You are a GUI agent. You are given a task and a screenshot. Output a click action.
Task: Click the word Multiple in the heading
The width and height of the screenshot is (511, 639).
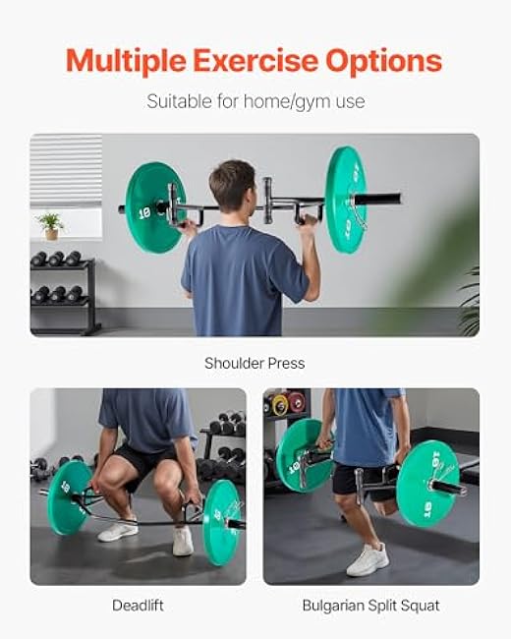(125, 61)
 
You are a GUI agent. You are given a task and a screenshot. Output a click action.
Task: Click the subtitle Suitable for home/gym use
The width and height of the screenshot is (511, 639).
(255, 100)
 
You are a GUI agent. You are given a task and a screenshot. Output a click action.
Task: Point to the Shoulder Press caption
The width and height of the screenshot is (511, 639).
(255, 363)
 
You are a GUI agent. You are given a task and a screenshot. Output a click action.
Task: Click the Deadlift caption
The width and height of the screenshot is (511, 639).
(138, 607)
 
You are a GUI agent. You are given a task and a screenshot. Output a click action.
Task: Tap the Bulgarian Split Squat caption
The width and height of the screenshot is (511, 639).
(370, 607)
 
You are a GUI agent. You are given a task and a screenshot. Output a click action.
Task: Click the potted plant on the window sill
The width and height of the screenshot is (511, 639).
(50, 225)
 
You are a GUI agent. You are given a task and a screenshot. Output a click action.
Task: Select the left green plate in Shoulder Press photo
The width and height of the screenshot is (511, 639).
(155, 206)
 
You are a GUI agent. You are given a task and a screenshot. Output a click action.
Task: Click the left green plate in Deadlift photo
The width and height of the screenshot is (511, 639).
(70, 497)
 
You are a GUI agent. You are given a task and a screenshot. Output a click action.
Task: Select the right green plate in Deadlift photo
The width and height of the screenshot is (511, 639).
(221, 522)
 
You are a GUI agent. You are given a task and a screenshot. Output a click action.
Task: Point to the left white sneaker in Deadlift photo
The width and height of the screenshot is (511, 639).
(118, 530)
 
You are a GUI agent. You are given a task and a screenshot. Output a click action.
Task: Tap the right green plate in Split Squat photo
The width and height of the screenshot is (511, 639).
(427, 482)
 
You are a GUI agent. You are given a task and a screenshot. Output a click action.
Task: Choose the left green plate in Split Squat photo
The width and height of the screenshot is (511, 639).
(301, 453)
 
